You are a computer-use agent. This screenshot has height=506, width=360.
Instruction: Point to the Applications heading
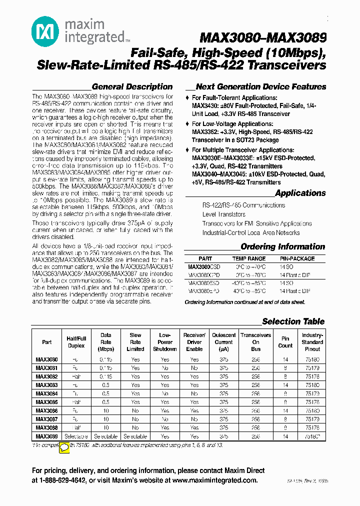(x=300, y=193)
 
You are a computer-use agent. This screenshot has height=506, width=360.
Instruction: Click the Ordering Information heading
(x=282, y=246)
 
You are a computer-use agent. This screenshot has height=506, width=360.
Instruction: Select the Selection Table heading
(x=293, y=321)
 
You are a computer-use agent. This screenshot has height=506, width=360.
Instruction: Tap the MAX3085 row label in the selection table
(x=46, y=401)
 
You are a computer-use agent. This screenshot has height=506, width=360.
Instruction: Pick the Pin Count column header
(x=285, y=342)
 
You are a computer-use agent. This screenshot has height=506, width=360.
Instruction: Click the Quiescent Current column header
(x=224, y=342)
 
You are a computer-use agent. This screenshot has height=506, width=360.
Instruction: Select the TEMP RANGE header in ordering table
(x=248, y=259)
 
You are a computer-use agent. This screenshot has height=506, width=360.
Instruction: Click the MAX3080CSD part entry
(x=203, y=267)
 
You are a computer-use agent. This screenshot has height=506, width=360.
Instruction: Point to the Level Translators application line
(x=223, y=214)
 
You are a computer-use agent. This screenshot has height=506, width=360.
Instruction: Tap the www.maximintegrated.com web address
(x=214, y=480)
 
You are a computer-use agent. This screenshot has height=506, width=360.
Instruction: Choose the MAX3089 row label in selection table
(x=46, y=436)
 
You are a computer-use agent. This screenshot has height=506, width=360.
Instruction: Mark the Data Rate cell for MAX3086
(x=105, y=410)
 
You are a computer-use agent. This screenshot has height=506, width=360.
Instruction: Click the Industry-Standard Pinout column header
(x=312, y=342)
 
